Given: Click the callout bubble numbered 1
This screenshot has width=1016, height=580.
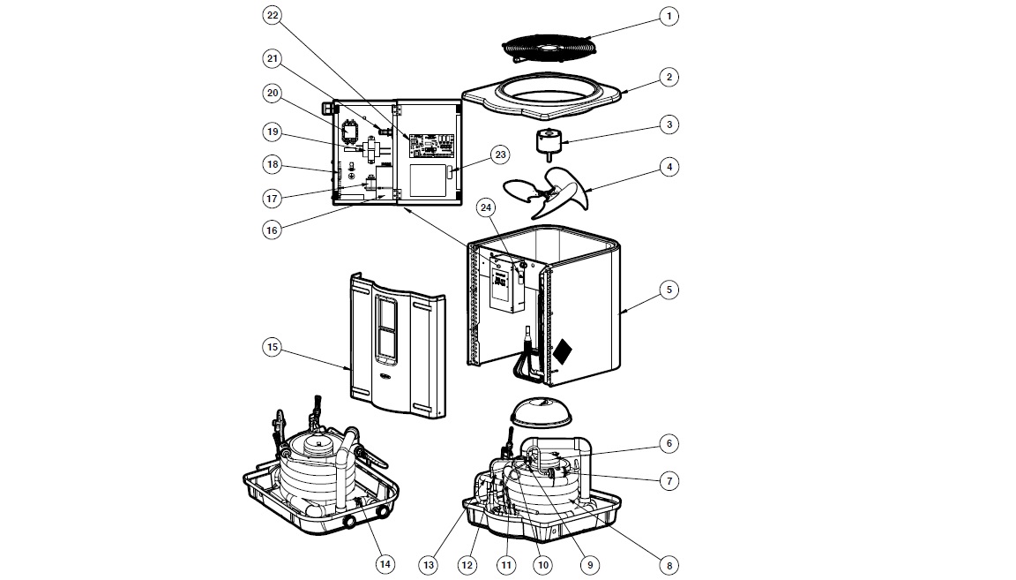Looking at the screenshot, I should pyautogui.click(x=669, y=16).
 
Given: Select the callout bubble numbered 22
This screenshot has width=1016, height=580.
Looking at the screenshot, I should pyautogui.click(x=272, y=17).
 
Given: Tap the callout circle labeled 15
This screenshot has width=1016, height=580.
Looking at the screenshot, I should pyautogui.click(x=272, y=348).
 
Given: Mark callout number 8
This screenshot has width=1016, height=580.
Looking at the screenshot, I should pyautogui.click(x=669, y=564).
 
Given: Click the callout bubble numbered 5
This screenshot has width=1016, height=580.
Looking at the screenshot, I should pyautogui.click(x=669, y=289).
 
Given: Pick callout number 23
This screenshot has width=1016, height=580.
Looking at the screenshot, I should pyautogui.click(x=500, y=155).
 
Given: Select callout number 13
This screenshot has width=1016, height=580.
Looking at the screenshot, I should pyautogui.click(x=430, y=564).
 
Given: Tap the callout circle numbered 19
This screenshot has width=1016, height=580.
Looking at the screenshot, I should pyautogui.click(x=272, y=132).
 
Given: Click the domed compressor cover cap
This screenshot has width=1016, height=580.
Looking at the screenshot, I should pyautogui.click(x=539, y=413).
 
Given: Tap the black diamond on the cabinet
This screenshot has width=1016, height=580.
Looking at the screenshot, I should pyautogui.click(x=562, y=352).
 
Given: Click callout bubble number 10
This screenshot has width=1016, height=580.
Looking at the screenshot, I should pyautogui.click(x=542, y=564).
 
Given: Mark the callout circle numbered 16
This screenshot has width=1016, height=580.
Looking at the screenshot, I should pyautogui.click(x=272, y=230).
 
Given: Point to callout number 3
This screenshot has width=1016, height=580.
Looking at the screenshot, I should pyautogui.click(x=669, y=124).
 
